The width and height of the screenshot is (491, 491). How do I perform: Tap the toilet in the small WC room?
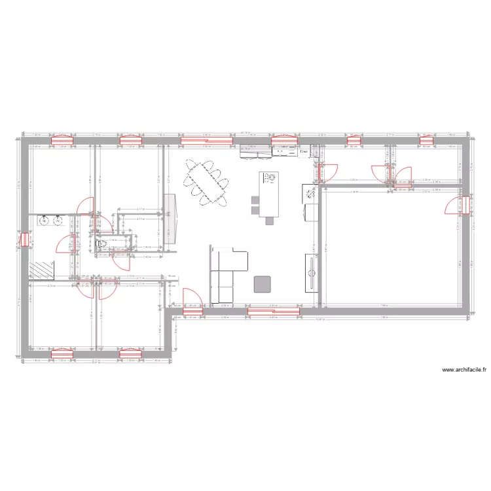point(101,245)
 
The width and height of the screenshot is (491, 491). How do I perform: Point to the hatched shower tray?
point(43,269)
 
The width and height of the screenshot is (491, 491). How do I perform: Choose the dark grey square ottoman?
point(263,283)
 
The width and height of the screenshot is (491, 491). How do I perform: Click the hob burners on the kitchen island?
point(269,177)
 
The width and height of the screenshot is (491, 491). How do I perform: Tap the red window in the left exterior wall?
point(25,240)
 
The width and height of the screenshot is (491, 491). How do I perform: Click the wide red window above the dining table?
point(206,139)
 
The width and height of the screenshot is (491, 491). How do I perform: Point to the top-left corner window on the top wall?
point(62,139)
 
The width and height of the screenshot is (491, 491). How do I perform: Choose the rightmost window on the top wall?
point(427,139)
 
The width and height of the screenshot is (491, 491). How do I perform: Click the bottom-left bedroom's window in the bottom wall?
point(62,354)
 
